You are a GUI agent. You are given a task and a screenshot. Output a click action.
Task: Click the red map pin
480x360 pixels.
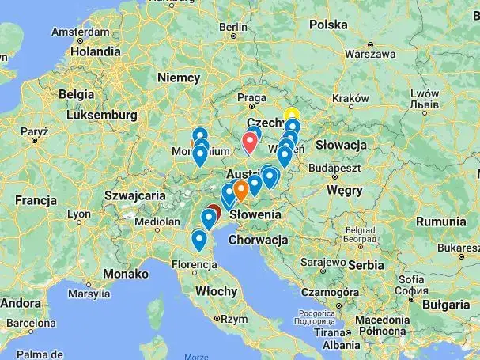pyautogui.click(x=251, y=141)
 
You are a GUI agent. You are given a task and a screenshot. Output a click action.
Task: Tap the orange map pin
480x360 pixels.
pyautogui.click(x=240, y=189)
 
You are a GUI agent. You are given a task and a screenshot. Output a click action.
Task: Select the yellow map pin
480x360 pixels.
pyautogui.click(x=292, y=116)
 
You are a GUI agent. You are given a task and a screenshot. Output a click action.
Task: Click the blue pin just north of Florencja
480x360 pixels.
pyautogui.click(x=199, y=239)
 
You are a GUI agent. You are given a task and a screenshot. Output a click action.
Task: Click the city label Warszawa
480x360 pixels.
pyautogui.click(x=369, y=55)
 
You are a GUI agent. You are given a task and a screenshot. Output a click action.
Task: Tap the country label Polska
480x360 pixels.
pyautogui.click(x=328, y=25)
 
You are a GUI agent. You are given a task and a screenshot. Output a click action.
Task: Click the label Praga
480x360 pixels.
pyautogui.click(x=251, y=98)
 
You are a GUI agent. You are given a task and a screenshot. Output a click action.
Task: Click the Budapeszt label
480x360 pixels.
pyautogui.click(x=335, y=168)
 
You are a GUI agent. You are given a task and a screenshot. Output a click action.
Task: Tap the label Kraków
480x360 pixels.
pyautogui.click(x=350, y=98)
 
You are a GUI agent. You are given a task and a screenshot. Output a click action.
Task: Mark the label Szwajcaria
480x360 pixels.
pyautogui.click(x=132, y=195)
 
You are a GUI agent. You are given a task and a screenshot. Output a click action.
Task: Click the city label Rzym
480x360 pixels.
pyautogui.click(x=234, y=319)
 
